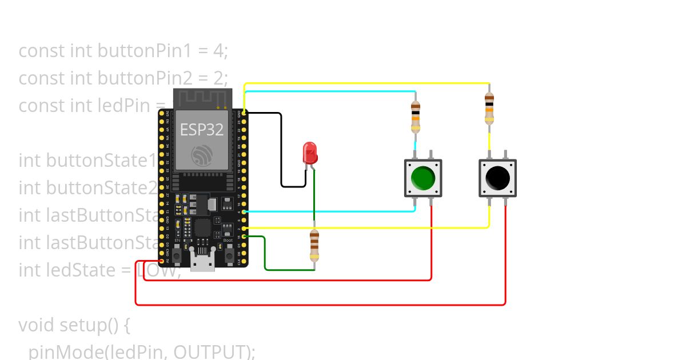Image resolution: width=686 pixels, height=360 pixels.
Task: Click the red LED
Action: (x=309, y=153)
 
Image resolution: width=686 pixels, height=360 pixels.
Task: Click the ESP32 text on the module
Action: (x=202, y=129)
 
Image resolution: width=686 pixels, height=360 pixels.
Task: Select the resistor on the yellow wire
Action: (x=489, y=108)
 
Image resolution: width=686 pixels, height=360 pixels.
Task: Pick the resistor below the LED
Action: (x=314, y=245)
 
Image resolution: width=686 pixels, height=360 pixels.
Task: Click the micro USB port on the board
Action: (x=202, y=263)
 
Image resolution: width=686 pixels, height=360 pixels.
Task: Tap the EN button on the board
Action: (x=178, y=252)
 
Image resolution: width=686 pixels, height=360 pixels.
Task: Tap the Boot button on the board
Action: (x=227, y=252)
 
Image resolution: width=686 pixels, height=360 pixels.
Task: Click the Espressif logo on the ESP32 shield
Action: (x=202, y=155)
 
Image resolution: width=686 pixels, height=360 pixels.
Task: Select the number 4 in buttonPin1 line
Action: (x=217, y=51)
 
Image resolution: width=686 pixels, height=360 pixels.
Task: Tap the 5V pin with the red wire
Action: (x=162, y=261)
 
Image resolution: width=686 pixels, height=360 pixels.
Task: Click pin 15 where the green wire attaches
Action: (x=244, y=236)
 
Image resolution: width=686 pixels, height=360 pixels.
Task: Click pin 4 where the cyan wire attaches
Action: (x=244, y=211)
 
